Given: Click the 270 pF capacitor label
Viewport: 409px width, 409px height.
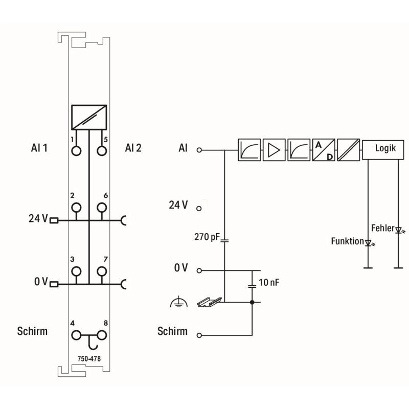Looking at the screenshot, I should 206,237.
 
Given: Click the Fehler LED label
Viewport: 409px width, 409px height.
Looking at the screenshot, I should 382,228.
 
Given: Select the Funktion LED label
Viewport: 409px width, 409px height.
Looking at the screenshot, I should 347,241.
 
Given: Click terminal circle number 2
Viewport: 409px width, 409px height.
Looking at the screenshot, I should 77,207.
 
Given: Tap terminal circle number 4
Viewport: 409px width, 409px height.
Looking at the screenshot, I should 77,335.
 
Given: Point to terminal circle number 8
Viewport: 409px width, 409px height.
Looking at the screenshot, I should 101,335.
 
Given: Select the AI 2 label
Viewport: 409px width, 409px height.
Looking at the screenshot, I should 133,148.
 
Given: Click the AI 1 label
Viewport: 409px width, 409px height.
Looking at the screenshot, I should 39,148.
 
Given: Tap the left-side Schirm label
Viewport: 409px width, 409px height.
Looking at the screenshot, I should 32,331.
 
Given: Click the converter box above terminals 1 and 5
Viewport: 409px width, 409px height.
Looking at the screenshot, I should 89,117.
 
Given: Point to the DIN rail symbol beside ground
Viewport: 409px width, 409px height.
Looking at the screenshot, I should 209,302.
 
